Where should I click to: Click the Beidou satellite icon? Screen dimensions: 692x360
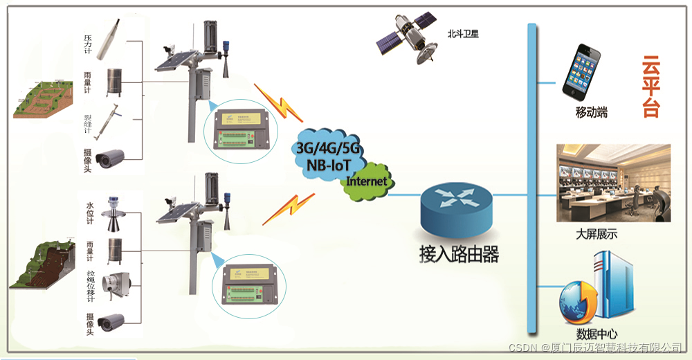click(407, 39)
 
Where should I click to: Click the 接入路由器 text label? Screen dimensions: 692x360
click(458, 254)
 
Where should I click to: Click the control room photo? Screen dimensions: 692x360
click(613, 183)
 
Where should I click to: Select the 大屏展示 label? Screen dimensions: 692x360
click(597, 235)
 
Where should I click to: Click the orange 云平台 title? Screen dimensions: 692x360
click(650, 87)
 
